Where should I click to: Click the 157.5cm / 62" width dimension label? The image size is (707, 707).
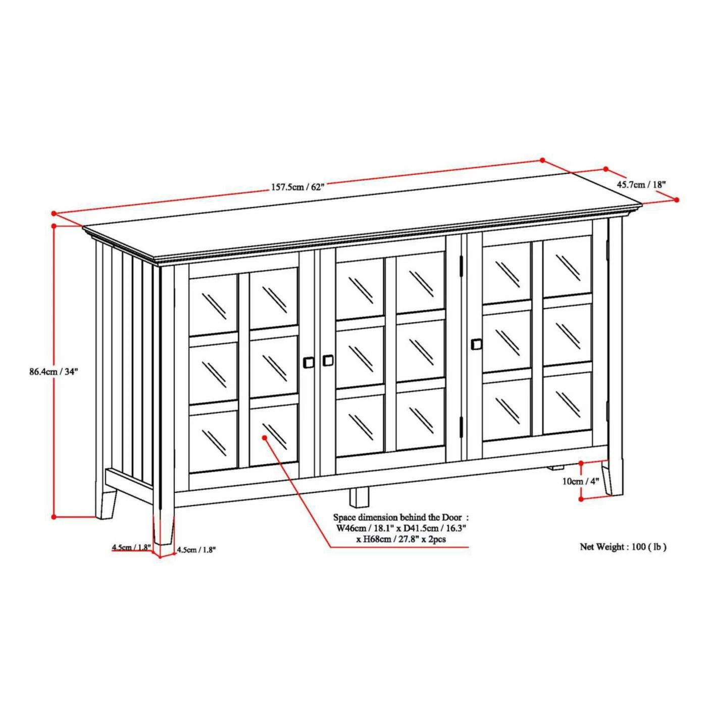point(298,187)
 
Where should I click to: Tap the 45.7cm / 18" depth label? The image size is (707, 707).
point(641,184)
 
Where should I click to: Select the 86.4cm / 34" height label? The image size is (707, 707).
point(54,372)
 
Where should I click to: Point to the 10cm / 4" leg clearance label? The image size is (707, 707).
point(581,481)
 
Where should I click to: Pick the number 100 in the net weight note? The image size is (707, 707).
point(638,557)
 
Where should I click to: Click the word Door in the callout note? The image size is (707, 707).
point(452,518)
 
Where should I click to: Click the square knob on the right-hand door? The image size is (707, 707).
point(476,344)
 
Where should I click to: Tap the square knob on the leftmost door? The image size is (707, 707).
point(309,362)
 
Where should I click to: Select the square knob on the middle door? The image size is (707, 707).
point(328,360)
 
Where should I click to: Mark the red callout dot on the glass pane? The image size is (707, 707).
point(264,437)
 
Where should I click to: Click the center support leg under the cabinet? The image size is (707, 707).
point(359,497)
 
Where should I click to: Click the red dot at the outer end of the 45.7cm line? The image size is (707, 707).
point(677,199)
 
